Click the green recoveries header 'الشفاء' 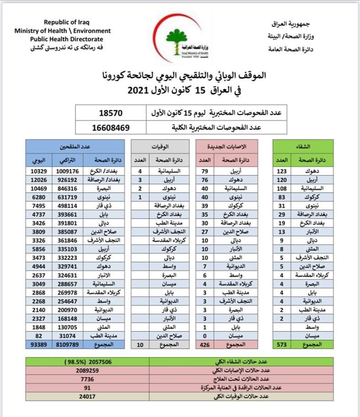click(x=303, y=146)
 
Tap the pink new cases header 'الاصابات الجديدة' click(x=227, y=146)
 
